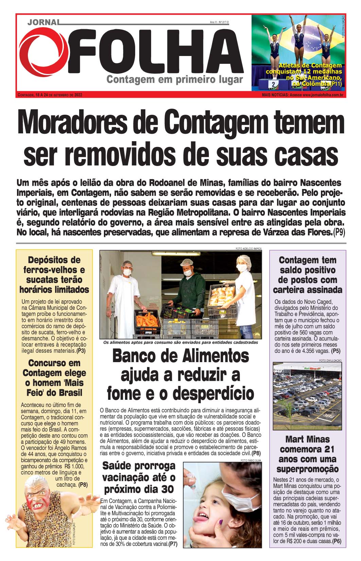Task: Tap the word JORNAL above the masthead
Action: click(x=43, y=22)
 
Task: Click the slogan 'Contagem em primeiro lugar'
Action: click(x=175, y=80)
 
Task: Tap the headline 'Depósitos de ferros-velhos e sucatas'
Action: click(x=54, y=275)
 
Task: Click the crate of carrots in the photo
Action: click(x=147, y=321)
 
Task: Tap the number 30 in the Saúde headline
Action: click(x=168, y=489)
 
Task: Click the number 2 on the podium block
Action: click(x=273, y=84)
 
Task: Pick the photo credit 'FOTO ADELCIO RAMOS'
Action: click(x=249, y=249)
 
